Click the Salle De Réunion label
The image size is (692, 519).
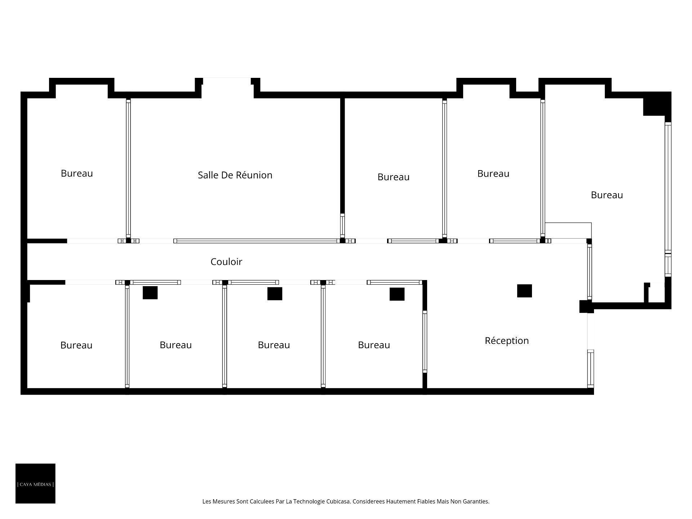[235, 175]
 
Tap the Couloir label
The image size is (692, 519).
[226, 262]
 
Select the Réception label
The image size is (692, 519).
[507, 341]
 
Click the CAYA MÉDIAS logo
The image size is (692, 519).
[35, 483]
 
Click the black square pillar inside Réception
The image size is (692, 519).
[524, 291]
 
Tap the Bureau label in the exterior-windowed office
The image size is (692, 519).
[607, 195]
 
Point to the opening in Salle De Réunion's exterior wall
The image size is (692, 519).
[227, 81]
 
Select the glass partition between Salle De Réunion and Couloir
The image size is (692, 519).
[257, 241]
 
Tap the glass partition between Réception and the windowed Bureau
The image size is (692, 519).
[590, 272]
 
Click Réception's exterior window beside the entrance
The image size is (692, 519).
[591, 369]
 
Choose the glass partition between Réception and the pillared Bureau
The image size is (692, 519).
[425, 342]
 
